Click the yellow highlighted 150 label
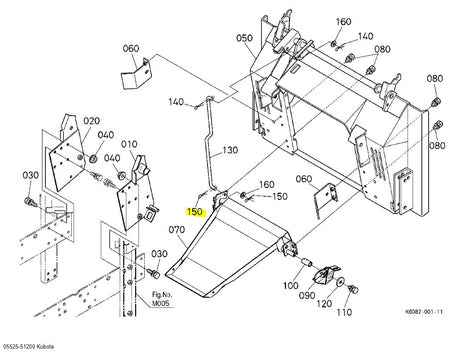point(195,212)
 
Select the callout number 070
point(177,230)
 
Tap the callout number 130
point(230,150)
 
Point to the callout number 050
point(244,38)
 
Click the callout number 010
point(129,144)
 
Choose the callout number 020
point(91,121)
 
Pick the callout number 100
point(291,286)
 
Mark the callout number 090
point(307,295)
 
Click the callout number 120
point(324,304)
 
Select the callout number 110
point(344,312)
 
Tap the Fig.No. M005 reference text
point(161,299)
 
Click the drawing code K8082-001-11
point(424,312)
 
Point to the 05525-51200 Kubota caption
point(28,346)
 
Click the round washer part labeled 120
point(340,282)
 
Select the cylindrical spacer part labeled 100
point(307,262)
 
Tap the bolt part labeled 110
point(353,289)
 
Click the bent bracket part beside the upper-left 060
point(136,74)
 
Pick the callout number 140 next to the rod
point(176,102)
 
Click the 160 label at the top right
point(343,22)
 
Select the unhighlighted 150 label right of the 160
point(280,196)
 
